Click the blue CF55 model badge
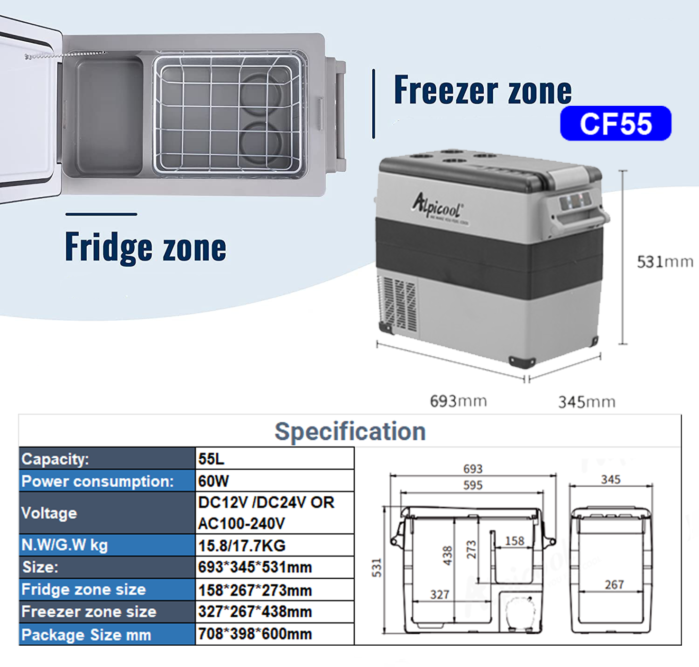point(616,123)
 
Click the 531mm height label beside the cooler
point(664,262)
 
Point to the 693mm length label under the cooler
point(458,401)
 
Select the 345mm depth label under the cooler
point(587,402)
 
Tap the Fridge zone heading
point(146,247)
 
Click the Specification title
point(350,432)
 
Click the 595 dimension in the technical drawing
point(472,485)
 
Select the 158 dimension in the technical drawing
point(515,541)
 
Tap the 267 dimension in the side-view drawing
point(614,584)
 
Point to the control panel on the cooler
point(575,201)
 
